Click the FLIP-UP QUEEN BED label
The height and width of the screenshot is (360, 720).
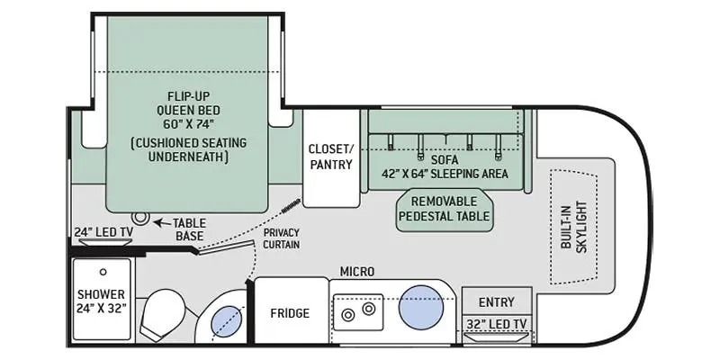pyautogui.click(x=188, y=110)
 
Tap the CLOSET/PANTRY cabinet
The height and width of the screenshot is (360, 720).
pyautogui.click(x=331, y=158)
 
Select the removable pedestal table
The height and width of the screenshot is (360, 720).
pyautogui.click(x=445, y=210)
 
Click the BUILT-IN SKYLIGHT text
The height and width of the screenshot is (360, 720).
pyautogui.click(x=573, y=227)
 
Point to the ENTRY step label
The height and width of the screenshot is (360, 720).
pyautogui.click(x=497, y=302)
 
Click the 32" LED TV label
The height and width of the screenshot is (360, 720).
pyautogui.click(x=497, y=324)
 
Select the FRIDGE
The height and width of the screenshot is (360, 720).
pyautogui.click(x=290, y=312)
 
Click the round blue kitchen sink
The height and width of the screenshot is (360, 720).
pyautogui.click(x=420, y=307)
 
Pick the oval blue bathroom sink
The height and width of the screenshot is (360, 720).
pyautogui.click(x=227, y=321)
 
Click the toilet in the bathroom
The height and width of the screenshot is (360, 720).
pyautogui.click(x=164, y=314)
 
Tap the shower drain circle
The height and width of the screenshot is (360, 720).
pyautogui.click(x=103, y=272)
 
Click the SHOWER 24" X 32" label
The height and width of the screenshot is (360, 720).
pyautogui.click(x=101, y=301)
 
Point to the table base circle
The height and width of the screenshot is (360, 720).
pyautogui.click(x=139, y=217)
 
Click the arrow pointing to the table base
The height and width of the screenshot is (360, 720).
pyautogui.click(x=161, y=223)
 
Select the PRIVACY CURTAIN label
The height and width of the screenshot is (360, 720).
pyautogui.click(x=282, y=238)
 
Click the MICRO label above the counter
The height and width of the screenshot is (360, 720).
pyautogui.click(x=356, y=272)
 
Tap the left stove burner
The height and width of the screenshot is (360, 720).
pyautogui.click(x=348, y=315)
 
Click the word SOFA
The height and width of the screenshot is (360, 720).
pyautogui.click(x=445, y=160)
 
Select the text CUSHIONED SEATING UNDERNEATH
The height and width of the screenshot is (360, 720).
pyautogui.click(x=188, y=149)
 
